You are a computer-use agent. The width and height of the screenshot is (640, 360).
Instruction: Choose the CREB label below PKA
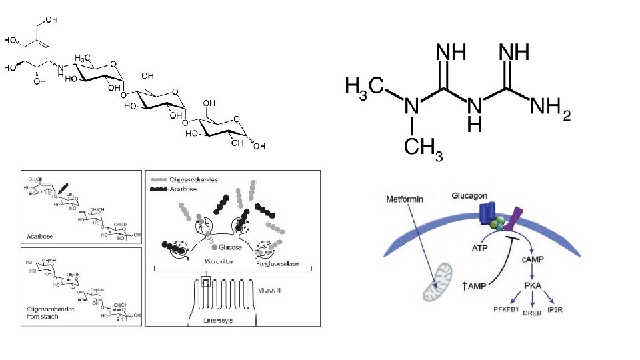tap(531, 311)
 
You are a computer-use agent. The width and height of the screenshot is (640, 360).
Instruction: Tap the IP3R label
tap(555, 308)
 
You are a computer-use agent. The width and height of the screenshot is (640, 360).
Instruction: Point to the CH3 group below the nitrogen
tap(419, 149)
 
